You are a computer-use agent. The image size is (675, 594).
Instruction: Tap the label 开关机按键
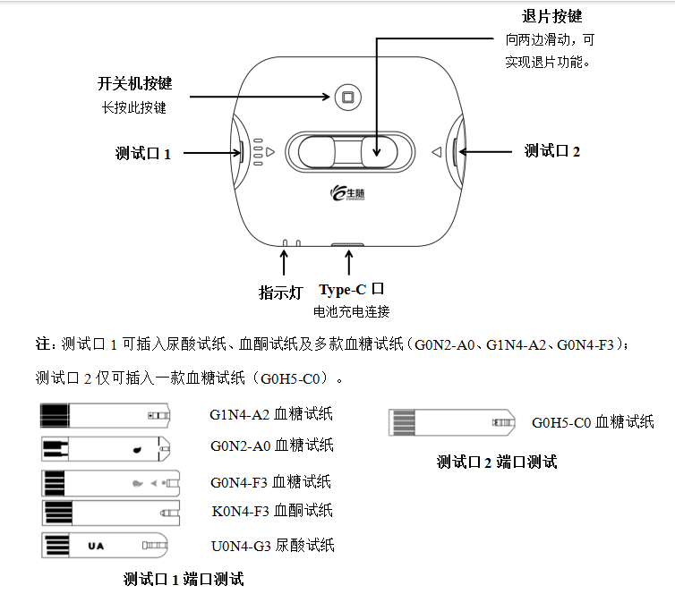(134, 84)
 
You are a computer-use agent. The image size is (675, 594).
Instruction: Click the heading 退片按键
(551, 17)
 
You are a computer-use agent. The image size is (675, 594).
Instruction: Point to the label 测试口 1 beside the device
(143, 153)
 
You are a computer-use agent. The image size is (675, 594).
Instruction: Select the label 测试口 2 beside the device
(552, 151)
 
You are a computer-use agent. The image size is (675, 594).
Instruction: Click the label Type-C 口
(352, 289)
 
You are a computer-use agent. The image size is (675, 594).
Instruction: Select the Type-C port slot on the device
(345, 243)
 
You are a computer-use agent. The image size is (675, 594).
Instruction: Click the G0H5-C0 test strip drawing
(451, 421)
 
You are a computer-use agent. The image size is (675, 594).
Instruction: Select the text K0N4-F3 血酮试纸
(271, 511)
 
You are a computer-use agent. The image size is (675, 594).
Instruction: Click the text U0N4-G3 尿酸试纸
(272, 545)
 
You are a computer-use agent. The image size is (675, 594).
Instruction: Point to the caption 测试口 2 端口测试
(496, 462)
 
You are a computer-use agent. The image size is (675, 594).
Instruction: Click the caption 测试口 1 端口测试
(183, 579)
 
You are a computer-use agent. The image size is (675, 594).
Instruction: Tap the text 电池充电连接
(351, 312)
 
